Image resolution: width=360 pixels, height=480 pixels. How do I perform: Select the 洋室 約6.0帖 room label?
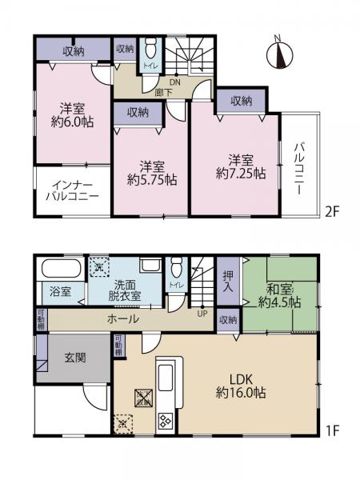[x=71, y=117]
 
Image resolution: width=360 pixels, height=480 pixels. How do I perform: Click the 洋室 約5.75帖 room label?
[x=149, y=174]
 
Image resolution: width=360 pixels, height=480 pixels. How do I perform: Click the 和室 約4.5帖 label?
[x=282, y=295]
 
